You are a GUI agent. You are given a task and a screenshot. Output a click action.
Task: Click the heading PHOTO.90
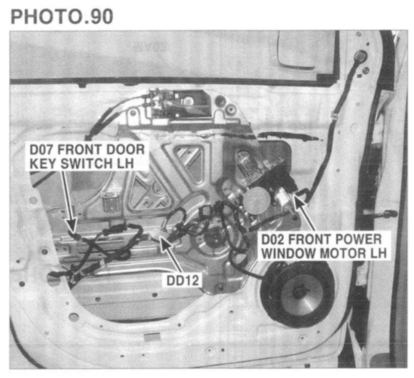[62, 17]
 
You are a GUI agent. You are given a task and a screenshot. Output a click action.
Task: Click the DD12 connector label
[183, 280]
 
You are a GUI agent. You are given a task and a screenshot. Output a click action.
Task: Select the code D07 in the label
[42, 150]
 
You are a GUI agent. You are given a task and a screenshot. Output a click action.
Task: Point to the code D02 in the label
[274, 240]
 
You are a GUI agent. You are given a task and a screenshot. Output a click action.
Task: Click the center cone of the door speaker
[300, 293]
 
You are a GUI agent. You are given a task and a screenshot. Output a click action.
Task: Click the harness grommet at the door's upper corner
[360, 56]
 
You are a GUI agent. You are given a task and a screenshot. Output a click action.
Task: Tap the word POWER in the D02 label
[358, 240]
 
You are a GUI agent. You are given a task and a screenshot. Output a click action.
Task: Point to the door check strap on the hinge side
[380, 213]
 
